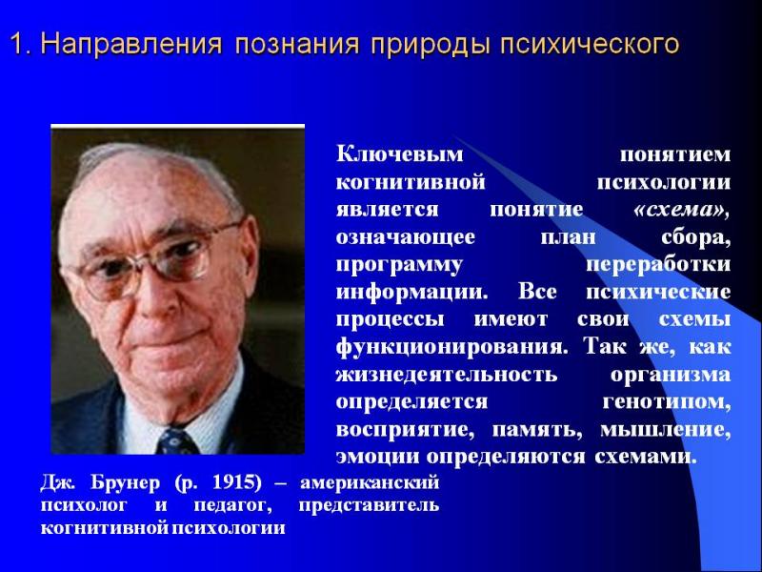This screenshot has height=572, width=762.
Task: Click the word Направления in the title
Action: pos(131,44)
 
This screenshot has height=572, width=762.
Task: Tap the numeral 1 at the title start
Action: pos(17,44)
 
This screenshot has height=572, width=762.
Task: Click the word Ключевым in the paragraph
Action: pos(399,154)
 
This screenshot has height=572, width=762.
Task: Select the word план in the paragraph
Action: pos(568,237)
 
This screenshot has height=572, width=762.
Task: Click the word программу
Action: pos(399,266)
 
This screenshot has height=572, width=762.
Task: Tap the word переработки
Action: pos(658,265)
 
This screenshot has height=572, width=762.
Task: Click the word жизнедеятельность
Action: pos(447,375)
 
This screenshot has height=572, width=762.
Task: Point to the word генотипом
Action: pos(666,402)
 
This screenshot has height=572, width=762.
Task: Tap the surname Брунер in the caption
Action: pos(125,483)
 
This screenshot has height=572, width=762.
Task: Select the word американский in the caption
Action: pos(370,483)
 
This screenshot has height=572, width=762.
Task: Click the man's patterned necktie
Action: pos(177,440)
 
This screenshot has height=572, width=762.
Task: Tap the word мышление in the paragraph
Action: pos(665,431)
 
